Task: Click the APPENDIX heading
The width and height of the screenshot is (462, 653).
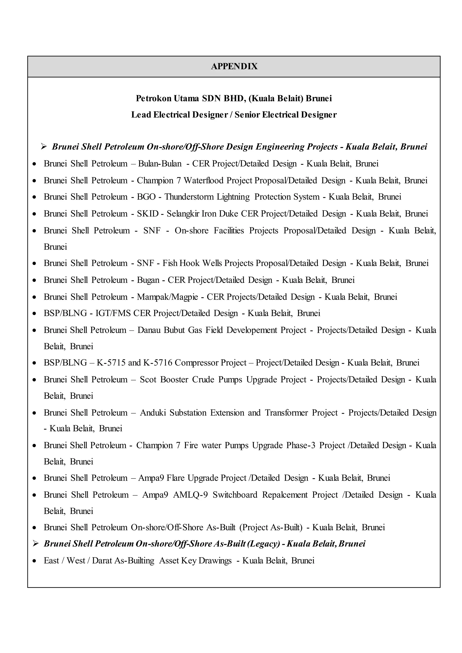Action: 234,66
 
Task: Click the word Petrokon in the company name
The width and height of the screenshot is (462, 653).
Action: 153,98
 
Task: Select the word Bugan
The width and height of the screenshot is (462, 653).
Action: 148,280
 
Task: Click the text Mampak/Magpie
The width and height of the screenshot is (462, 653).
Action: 167,297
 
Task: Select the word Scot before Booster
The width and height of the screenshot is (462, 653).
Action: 148,379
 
